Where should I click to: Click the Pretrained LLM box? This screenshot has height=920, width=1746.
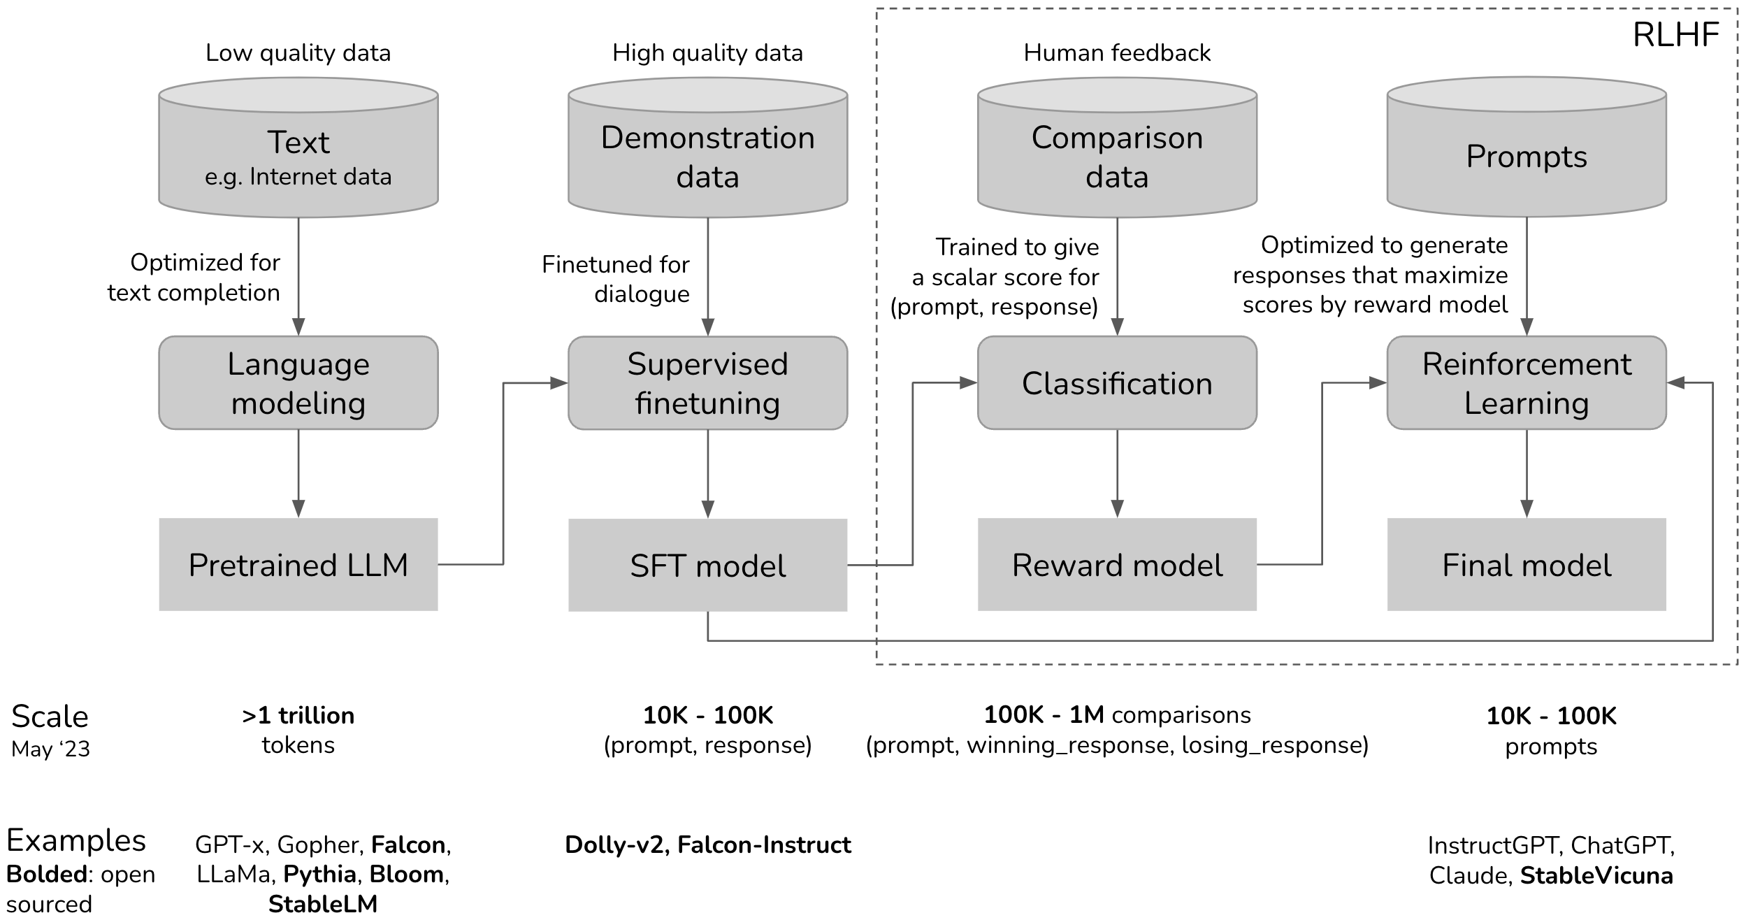click(298, 564)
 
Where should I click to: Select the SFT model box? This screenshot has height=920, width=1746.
click(707, 565)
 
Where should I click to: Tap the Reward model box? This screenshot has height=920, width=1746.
click(1117, 564)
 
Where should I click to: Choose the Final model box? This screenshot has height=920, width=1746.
click(1527, 564)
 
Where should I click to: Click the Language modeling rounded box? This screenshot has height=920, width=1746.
click(298, 383)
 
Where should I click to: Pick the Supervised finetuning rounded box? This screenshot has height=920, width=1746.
click(707, 383)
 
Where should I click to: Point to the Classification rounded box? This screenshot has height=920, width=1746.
click(1117, 383)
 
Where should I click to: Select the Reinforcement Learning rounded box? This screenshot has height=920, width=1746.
click(1527, 383)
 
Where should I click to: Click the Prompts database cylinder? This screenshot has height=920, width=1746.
click(1527, 155)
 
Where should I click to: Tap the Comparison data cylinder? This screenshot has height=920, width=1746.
click(1117, 155)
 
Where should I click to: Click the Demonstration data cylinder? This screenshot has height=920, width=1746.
click(707, 155)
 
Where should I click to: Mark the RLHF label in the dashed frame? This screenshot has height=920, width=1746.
click(1675, 35)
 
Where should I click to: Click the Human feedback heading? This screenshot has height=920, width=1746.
click(1117, 53)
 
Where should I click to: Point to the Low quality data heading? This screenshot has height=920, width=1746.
click(298, 53)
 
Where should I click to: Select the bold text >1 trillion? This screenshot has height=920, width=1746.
click(298, 715)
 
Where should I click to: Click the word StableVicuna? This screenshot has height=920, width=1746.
click(1596, 875)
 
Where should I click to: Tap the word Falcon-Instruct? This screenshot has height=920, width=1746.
click(764, 844)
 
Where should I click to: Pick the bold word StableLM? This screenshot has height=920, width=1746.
click(323, 904)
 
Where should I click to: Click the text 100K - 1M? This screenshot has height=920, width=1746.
click(1044, 714)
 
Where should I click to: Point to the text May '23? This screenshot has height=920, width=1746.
click(50, 749)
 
